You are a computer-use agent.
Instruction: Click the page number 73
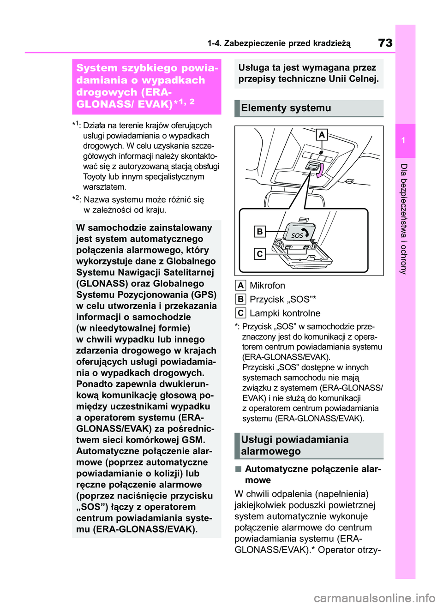385,43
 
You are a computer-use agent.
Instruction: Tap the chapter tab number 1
403,141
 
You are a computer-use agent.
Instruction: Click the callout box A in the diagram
322,135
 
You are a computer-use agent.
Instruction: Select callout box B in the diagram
260,231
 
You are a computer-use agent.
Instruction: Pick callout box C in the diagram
260,253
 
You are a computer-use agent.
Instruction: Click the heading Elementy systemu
286,108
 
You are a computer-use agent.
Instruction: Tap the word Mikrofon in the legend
267,286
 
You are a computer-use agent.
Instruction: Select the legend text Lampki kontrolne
285,313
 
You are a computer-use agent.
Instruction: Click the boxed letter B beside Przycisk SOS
240,300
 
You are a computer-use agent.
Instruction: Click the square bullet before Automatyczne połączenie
238,469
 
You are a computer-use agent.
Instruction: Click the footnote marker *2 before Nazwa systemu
77,199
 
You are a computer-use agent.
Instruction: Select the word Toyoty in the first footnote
95,177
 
